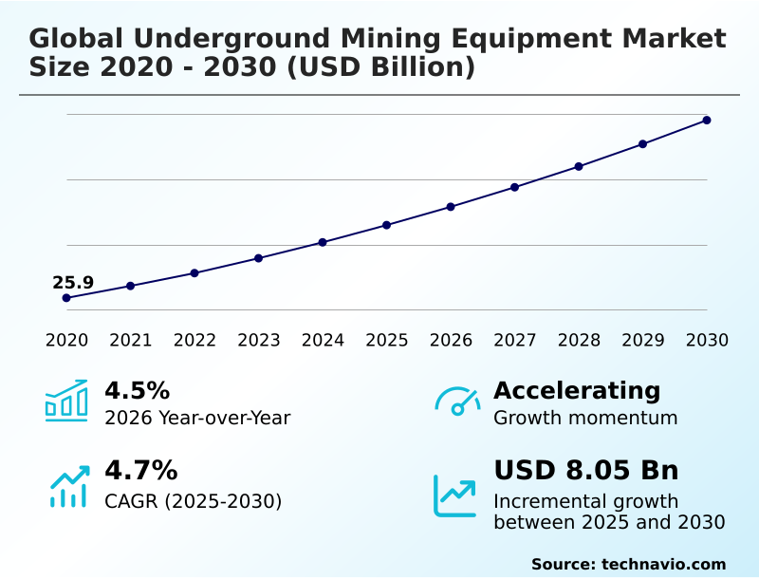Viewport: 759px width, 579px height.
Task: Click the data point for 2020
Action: [66, 298]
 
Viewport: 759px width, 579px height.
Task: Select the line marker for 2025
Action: [387, 225]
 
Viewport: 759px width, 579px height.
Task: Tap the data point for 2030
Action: [707, 121]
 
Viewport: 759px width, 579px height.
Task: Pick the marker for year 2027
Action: [515, 187]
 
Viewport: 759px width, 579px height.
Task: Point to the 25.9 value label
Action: [73, 282]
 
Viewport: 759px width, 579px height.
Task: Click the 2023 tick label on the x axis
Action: [259, 341]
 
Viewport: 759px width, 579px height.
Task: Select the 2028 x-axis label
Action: [579, 341]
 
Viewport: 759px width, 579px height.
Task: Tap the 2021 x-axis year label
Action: [131, 341]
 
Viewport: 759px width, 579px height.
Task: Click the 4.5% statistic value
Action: [137, 390]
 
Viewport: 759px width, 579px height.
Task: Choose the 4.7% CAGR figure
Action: [140, 470]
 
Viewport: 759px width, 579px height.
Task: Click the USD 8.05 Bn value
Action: [586, 470]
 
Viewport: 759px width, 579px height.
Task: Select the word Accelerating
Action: [577, 390]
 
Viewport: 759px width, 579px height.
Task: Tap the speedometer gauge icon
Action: [457, 401]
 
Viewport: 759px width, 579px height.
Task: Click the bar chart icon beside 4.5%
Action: [66, 401]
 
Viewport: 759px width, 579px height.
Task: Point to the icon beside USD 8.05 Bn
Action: [455, 495]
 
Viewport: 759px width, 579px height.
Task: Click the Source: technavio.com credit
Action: [628, 564]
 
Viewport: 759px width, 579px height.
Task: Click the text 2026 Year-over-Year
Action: [197, 418]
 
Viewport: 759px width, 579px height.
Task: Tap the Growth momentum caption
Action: [585, 418]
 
